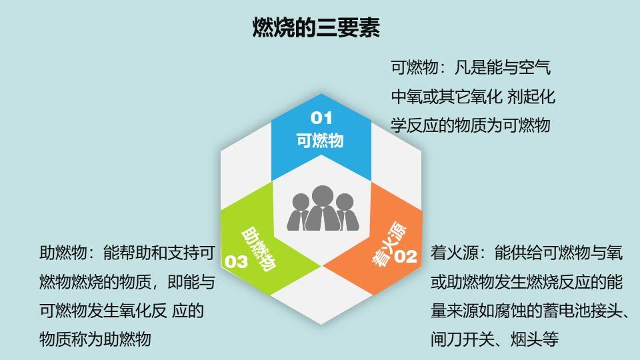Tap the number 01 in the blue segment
click(x=320, y=119)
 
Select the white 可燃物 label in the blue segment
click(x=320, y=141)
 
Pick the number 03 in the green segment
click(x=237, y=261)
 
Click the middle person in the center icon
click(x=321, y=207)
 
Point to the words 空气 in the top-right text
click(x=535, y=68)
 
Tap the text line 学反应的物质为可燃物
click(x=470, y=125)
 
